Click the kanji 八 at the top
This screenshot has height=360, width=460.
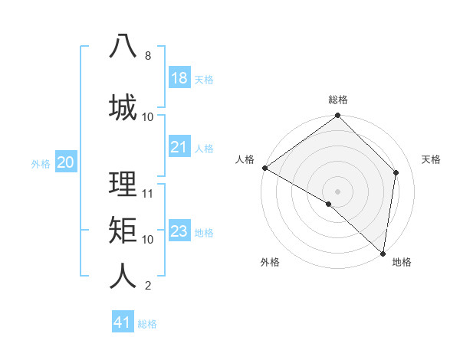tap(123, 46)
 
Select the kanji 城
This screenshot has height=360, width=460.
tap(123, 106)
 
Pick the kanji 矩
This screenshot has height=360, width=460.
tap(123, 229)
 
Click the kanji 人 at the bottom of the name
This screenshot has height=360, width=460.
tap(123, 275)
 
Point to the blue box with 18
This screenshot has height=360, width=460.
tap(179, 78)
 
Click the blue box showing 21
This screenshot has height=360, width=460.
tap(179, 147)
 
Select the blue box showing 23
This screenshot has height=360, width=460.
tap(179, 231)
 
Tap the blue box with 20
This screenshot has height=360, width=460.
tap(66, 162)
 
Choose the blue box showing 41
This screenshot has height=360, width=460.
tap(123, 322)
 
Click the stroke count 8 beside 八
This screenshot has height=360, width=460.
tap(147, 56)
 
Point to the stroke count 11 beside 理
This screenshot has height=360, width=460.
tap(148, 193)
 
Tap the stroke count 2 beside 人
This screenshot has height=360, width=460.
tap(147, 286)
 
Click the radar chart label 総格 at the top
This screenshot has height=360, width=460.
tap(338, 100)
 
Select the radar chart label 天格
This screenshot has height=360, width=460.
tap(431, 159)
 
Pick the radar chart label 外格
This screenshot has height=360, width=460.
tap(270, 262)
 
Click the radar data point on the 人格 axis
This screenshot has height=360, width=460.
tap(264, 168)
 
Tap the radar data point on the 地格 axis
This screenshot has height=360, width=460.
tap(383, 253)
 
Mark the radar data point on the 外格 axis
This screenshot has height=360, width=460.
tap(329, 204)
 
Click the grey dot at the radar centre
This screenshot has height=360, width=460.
tap(338, 191)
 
